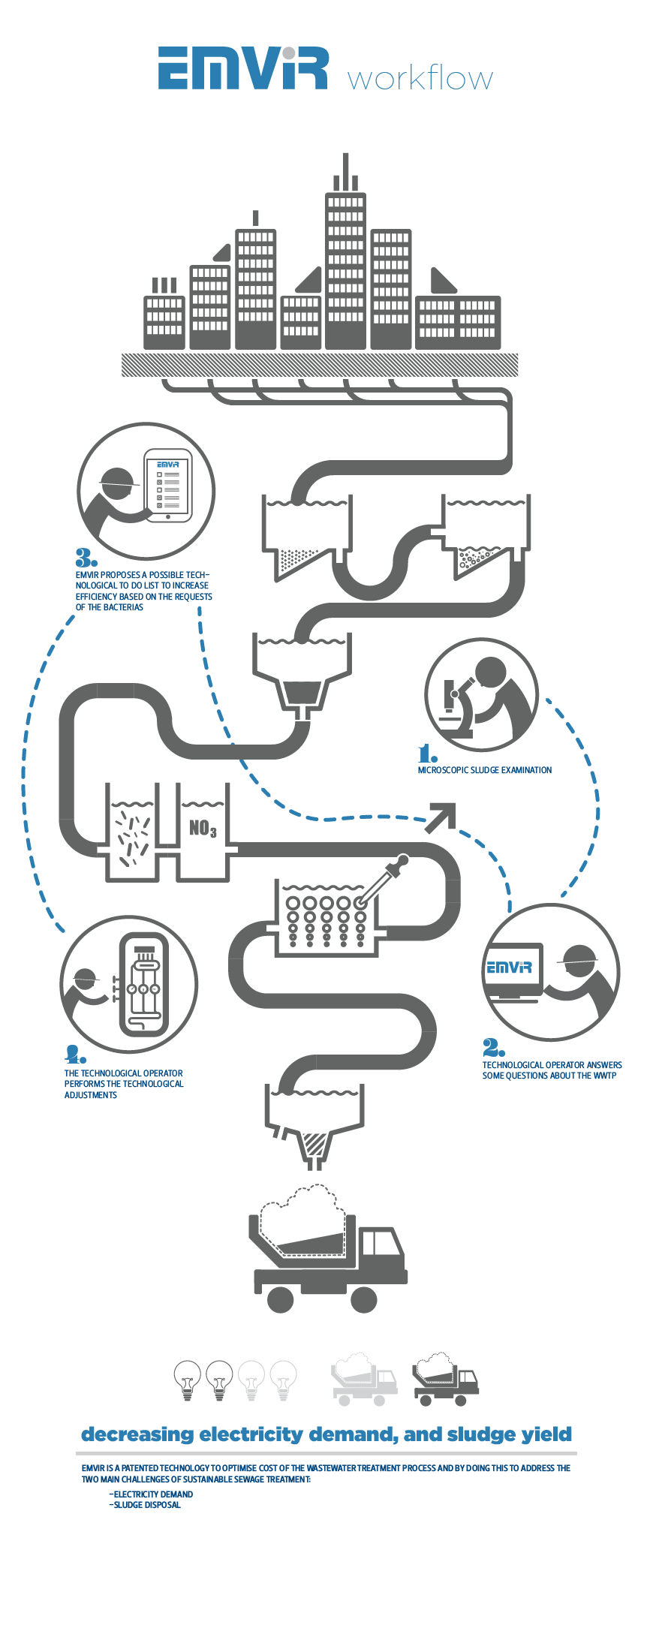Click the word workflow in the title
420,78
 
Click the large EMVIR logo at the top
243,68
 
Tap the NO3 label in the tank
203,829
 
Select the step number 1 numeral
427,753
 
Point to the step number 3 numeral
86,558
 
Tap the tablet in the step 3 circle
168,486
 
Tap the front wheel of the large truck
363,1299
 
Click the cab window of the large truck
380,1243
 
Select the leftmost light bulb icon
188,1380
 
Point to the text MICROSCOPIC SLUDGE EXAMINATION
485,770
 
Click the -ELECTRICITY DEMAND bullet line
151,1494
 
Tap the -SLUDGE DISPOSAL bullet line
145,1504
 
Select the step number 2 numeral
493,1047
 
